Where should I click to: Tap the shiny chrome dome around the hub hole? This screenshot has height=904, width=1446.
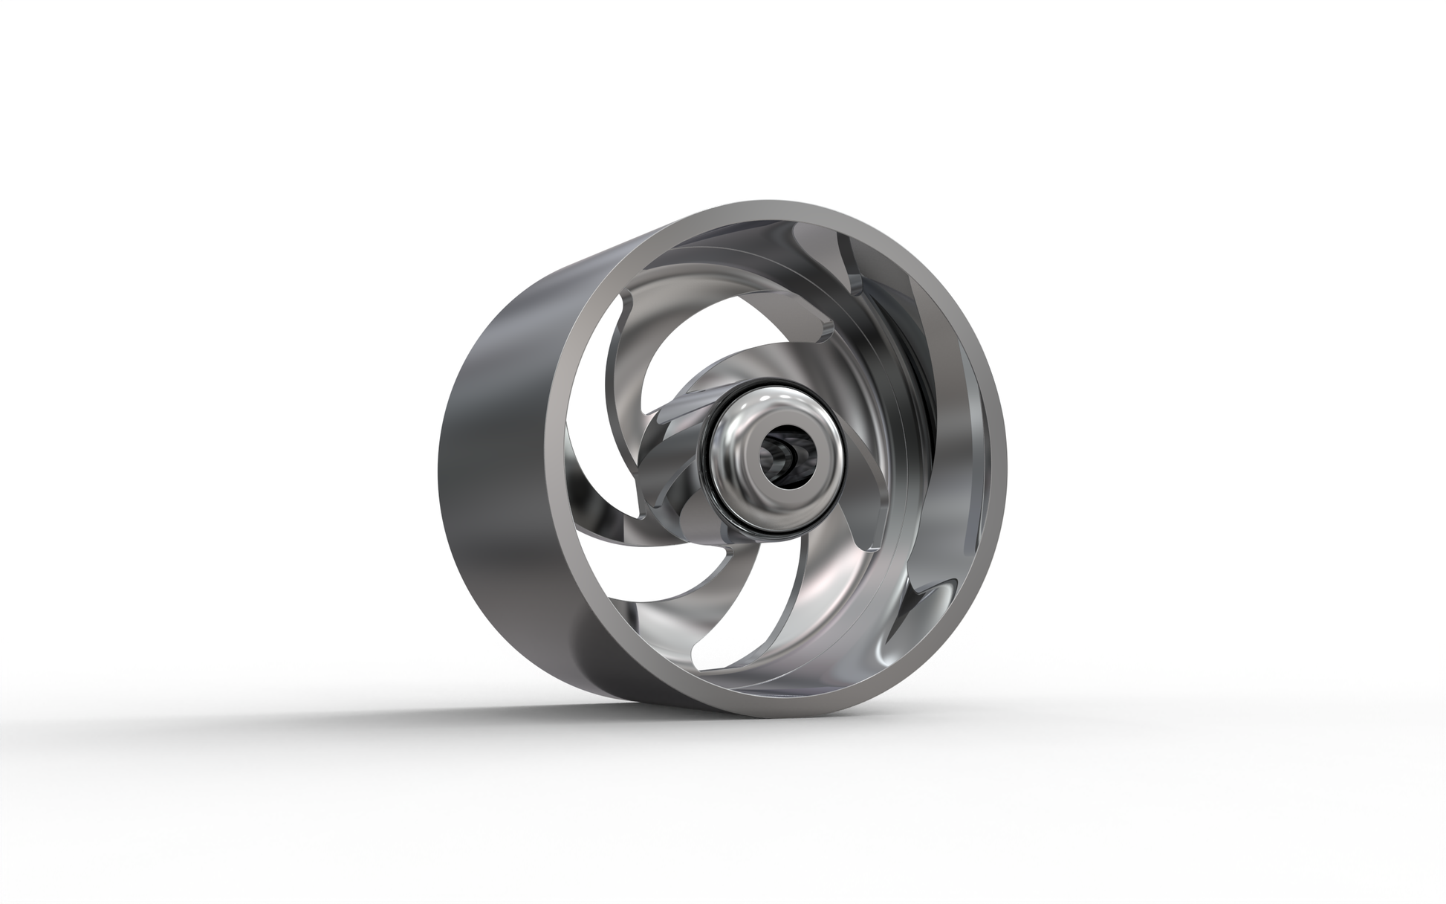click(x=743, y=439)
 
